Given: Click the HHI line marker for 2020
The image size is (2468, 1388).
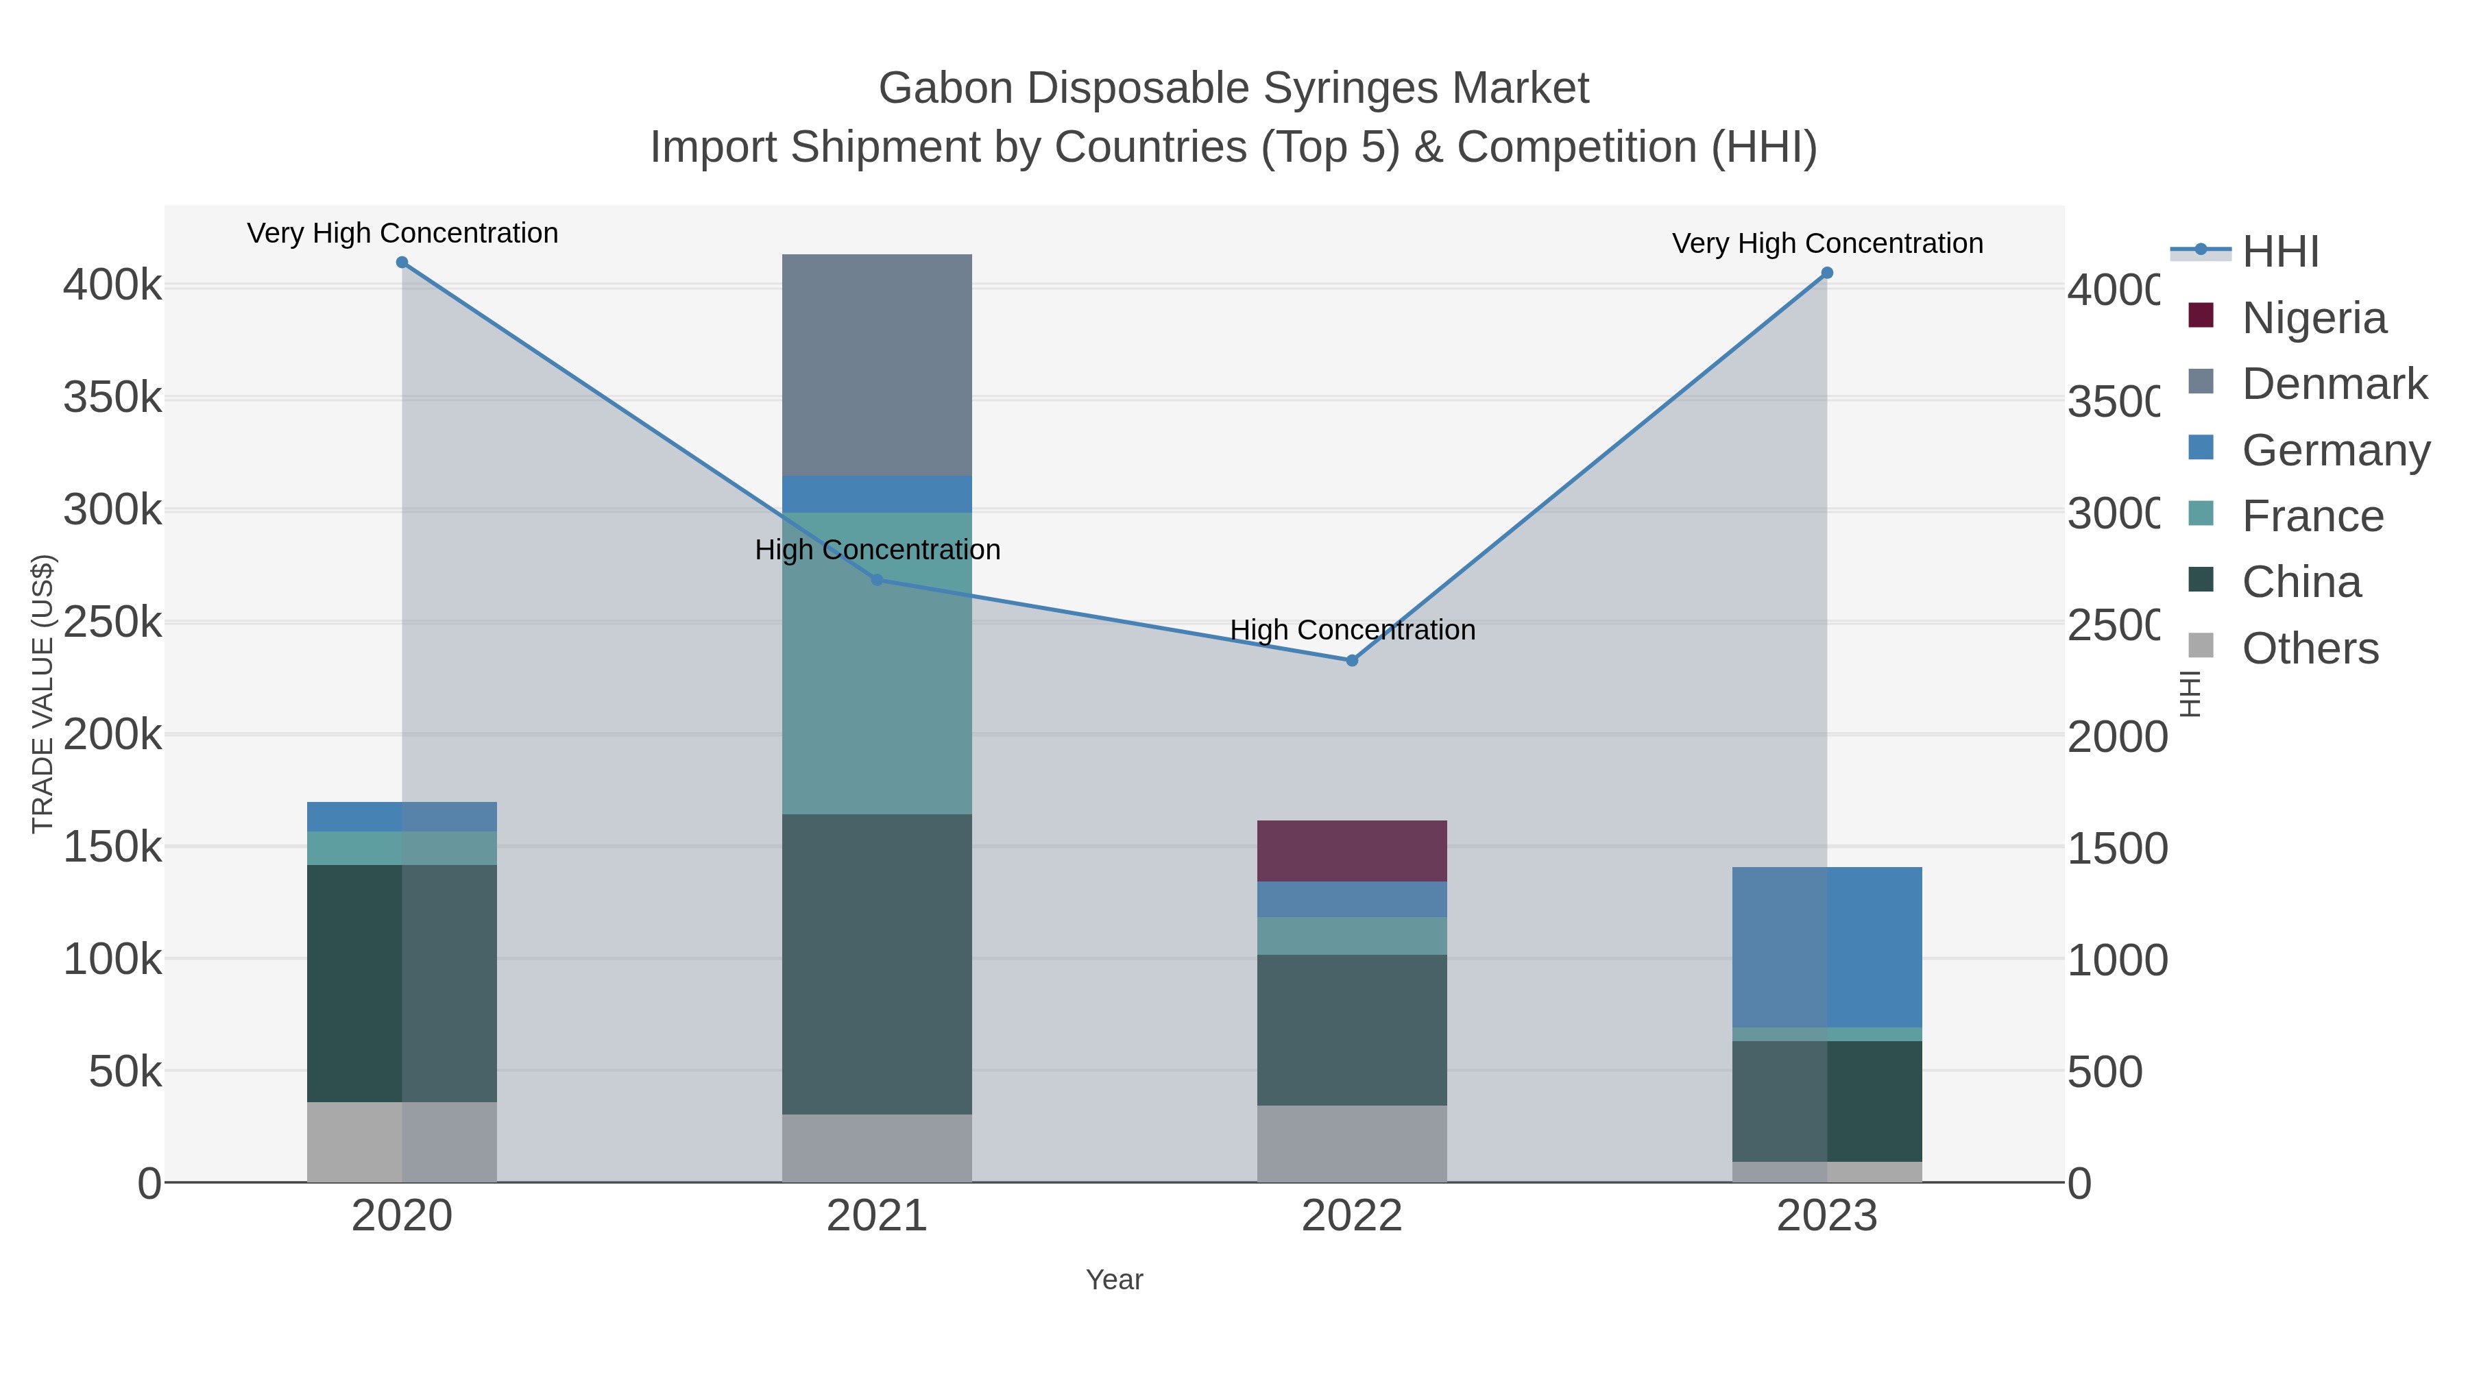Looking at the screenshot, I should tap(402, 263).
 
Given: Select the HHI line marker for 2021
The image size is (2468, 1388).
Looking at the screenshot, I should tap(877, 579).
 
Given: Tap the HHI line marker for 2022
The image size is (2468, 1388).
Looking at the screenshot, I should tap(1352, 660).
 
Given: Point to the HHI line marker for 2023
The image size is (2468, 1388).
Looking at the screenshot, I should tap(1827, 273).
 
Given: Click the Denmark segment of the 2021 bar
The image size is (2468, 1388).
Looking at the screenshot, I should tap(877, 364).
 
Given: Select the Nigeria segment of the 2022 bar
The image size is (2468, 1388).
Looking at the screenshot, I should tap(1352, 851).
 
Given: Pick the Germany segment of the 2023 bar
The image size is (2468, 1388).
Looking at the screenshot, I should tap(1827, 947).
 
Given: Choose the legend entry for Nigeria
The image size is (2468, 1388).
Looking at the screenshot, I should tap(2313, 318).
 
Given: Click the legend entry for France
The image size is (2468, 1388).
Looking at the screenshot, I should tap(2311, 516).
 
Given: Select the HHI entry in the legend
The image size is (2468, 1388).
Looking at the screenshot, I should tap(2280, 252).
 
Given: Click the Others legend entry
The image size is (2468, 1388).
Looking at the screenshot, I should tap(2309, 648).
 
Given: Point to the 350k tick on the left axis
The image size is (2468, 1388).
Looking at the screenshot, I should tap(112, 398).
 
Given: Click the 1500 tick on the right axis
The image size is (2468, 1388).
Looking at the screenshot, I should tap(2116, 849).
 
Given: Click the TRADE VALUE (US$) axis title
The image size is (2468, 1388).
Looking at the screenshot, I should tap(43, 694).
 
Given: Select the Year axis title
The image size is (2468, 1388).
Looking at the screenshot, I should tap(1114, 1280).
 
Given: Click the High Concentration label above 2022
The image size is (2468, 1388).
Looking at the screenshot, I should tap(1352, 631).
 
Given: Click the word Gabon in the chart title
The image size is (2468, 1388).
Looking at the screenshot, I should tap(945, 88).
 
